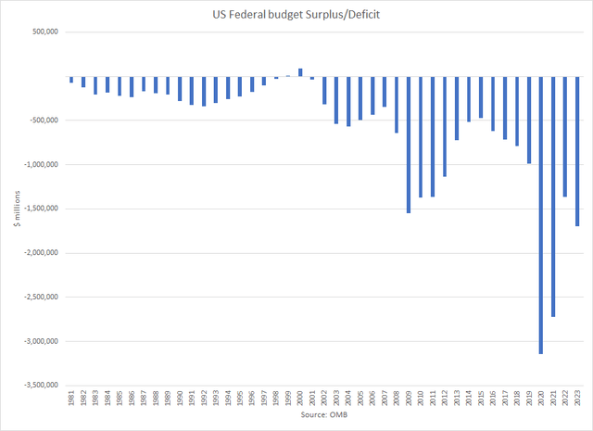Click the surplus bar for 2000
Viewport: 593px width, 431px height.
click(300, 72)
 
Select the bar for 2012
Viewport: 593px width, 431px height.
click(445, 126)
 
